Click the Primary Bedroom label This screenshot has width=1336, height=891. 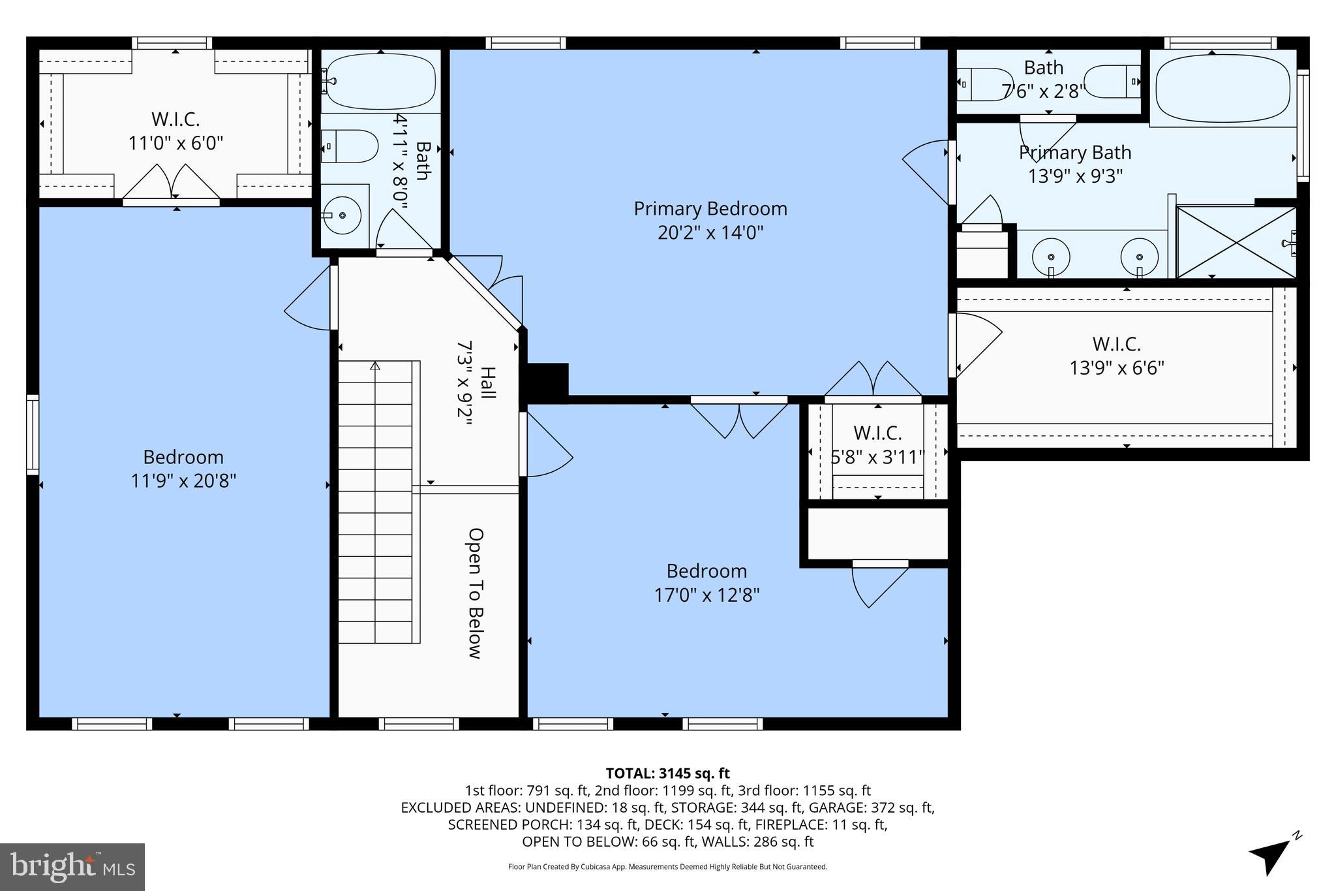[x=710, y=209]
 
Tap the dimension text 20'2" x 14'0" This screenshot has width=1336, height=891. [x=710, y=233]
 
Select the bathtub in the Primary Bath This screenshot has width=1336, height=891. [x=1222, y=89]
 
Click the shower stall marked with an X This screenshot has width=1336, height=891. [x=1236, y=242]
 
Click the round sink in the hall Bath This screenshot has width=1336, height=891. [x=343, y=213]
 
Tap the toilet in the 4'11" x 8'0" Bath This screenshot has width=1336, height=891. [x=351, y=146]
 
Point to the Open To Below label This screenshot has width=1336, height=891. [x=476, y=593]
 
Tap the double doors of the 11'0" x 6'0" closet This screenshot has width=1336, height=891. [x=172, y=182]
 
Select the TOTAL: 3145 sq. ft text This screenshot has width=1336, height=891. [x=667, y=774]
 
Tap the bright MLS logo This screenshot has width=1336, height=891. [x=72, y=867]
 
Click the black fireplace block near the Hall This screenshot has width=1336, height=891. [x=546, y=381]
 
